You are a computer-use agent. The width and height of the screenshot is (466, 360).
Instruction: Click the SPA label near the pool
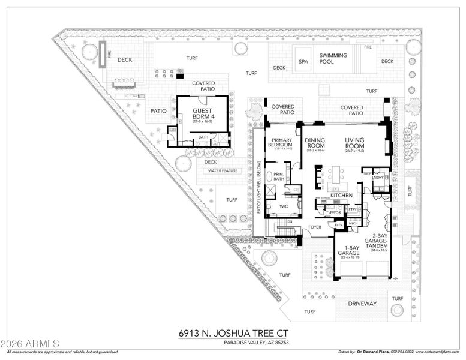(303, 61)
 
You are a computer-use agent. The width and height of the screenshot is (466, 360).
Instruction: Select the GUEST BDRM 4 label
(203, 113)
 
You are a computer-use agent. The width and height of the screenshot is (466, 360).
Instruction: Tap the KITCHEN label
(341, 195)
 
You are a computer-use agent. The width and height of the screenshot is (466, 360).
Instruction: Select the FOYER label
(315, 227)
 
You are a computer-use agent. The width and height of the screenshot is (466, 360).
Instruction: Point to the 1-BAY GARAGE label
(348, 253)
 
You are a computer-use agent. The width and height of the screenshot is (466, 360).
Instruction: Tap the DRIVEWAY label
(362, 304)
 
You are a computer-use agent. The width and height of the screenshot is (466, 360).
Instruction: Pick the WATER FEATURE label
(223, 171)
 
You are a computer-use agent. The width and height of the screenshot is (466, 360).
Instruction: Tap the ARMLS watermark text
(29, 344)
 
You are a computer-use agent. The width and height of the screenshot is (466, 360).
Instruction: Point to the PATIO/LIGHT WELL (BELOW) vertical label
(259, 188)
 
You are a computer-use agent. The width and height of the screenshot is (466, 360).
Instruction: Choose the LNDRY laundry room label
(378, 178)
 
